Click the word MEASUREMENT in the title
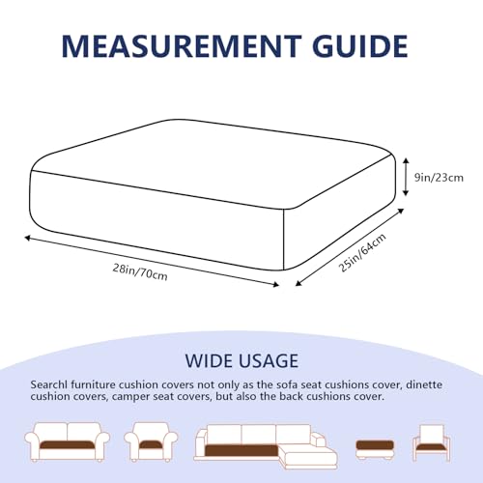(182, 46)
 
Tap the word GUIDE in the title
(360, 46)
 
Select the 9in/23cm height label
(439, 178)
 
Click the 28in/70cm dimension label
(140, 272)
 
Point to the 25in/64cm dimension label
(362, 253)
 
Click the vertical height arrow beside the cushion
(406, 177)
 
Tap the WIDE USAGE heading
(241, 360)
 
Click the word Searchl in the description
(49, 384)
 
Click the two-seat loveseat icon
(68, 442)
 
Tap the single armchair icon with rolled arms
(151, 442)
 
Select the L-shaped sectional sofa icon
(266, 446)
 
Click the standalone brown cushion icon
(375, 449)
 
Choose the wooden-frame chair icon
(432, 442)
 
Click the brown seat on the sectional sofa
(241, 450)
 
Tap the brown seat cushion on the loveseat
(68, 444)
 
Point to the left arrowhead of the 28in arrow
(27, 238)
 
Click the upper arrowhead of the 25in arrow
(401, 211)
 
